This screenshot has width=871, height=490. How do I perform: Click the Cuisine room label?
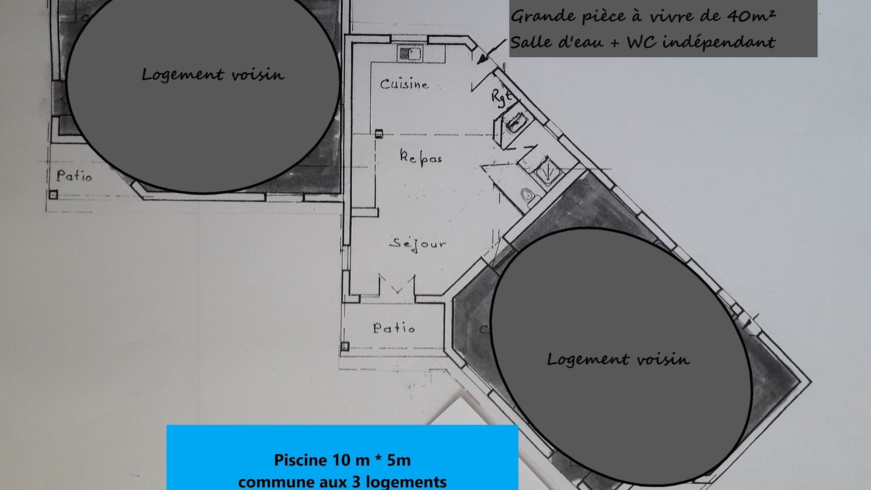click(x=404, y=84)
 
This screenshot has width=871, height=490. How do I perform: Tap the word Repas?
click(x=421, y=157)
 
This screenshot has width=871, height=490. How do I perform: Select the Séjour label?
click(x=418, y=244)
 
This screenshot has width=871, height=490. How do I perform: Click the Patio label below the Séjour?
click(x=394, y=328)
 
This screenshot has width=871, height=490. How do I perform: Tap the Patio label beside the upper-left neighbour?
click(x=74, y=176)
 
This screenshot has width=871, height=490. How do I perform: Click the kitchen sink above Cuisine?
click(x=410, y=54)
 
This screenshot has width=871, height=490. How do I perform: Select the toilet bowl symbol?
click(x=529, y=195)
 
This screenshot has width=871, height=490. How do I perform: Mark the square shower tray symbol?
click(x=548, y=171)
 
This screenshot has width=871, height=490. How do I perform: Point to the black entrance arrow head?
click(x=482, y=59)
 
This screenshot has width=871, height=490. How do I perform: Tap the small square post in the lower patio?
click(x=345, y=346)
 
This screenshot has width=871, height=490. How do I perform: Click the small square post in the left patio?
click(x=53, y=195)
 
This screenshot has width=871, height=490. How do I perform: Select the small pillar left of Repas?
click(x=379, y=134)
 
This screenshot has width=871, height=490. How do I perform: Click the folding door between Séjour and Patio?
click(x=397, y=284)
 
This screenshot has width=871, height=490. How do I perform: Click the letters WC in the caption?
click(x=642, y=42)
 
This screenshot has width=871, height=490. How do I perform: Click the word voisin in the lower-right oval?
click(x=663, y=359)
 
